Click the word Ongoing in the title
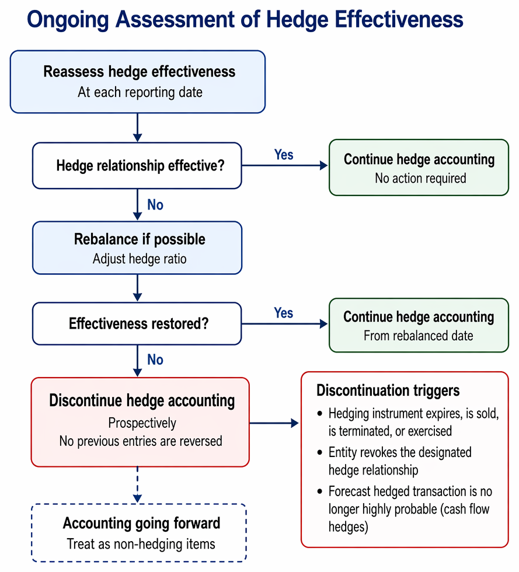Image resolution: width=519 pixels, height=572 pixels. coord(68,20)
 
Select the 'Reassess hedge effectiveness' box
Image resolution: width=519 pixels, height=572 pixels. coord(138,82)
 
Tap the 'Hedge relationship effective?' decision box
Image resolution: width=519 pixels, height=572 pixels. coord(137,166)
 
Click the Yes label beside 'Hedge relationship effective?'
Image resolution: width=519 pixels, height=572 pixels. coord(284,155)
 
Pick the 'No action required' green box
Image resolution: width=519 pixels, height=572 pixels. coord(419,168)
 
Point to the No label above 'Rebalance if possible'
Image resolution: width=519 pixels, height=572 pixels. coord(155,205)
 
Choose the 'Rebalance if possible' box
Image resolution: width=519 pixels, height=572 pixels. coord(137,247)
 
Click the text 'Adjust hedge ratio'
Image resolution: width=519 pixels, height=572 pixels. coord(140,259)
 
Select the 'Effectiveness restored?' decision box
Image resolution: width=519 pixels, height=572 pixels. coord(137,323)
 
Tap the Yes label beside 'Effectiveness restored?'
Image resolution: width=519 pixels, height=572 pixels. coord(284,313)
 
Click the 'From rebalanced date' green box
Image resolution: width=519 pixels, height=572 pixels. coord(419,325)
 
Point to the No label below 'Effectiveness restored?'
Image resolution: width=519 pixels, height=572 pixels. coord(155,360)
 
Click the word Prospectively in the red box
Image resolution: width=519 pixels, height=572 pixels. coord(142,423)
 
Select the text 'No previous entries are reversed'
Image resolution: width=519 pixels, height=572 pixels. coord(141,441)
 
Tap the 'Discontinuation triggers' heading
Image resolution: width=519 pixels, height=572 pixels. coord(388,390)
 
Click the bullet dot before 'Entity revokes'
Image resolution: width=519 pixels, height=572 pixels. coord(320,453)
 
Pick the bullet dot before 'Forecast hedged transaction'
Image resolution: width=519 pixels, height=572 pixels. coord(320,491)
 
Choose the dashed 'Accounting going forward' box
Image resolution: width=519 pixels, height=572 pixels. coord(139,533)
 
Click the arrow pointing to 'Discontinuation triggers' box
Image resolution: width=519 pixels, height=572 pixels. coord(274,423)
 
